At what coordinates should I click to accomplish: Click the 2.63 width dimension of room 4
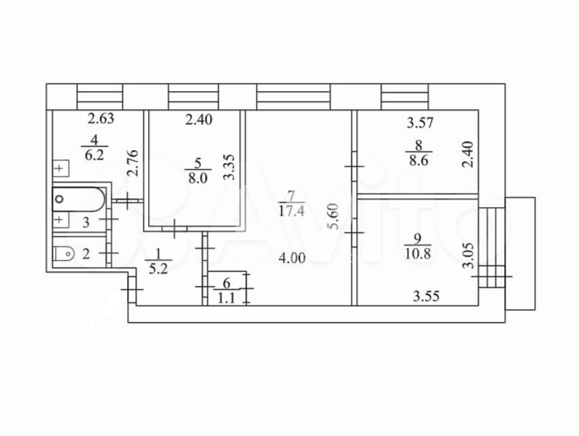tap(101, 119)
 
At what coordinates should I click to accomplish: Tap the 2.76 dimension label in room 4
tap(133, 163)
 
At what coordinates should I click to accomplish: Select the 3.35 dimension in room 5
tap(229, 167)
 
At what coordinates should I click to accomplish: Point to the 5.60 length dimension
tap(334, 217)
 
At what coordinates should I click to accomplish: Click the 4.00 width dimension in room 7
tap(292, 258)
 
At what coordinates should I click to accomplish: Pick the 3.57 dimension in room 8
tap(420, 122)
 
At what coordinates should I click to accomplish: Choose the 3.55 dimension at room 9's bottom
tap(426, 296)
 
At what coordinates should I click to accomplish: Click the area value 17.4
tap(292, 211)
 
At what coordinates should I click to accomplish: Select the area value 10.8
tap(418, 254)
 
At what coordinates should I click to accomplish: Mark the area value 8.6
tap(419, 161)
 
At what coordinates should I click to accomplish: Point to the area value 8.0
tap(198, 178)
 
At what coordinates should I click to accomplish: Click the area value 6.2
tap(94, 155)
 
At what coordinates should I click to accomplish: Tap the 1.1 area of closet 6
tap(226, 297)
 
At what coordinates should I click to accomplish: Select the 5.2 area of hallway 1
tap(158, 269)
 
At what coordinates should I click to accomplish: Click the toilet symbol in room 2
tap(65, 253)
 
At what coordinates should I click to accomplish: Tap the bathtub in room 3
tap(79, 199)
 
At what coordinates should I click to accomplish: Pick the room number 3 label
tap(86, 223)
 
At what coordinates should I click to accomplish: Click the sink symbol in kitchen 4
tap(61, 168)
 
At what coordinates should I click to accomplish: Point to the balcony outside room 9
tap(520, 254)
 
